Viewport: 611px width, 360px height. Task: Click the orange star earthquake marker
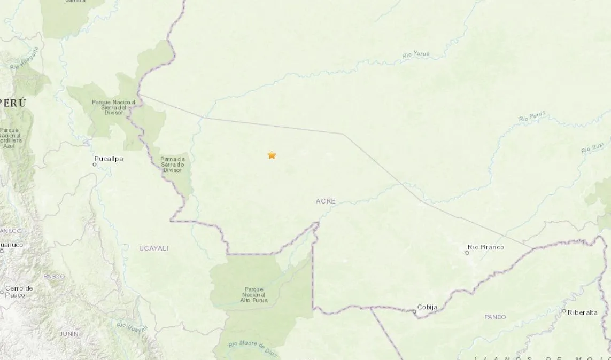click(x=272, y=155)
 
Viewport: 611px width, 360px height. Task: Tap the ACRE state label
click(x=326, y=201)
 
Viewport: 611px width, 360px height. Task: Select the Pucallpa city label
click(x=109, y=159)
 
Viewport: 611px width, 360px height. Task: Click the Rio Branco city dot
click(x=467, y=253)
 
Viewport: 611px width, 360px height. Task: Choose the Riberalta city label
click(x=583, y=312)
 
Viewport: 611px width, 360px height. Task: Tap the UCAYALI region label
click(x=154, y=248)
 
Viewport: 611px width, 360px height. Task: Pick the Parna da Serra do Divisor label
click(x=173, y=165)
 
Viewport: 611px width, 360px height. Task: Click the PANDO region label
click(x=495, y=317)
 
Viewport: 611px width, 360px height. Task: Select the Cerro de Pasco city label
click(x=19, y=292)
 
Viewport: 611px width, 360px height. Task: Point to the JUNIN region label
click(x=69, y=334)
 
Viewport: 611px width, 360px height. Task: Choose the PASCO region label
click(x=54, y=277)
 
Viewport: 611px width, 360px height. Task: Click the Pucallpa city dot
click(x=95, y=165)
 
